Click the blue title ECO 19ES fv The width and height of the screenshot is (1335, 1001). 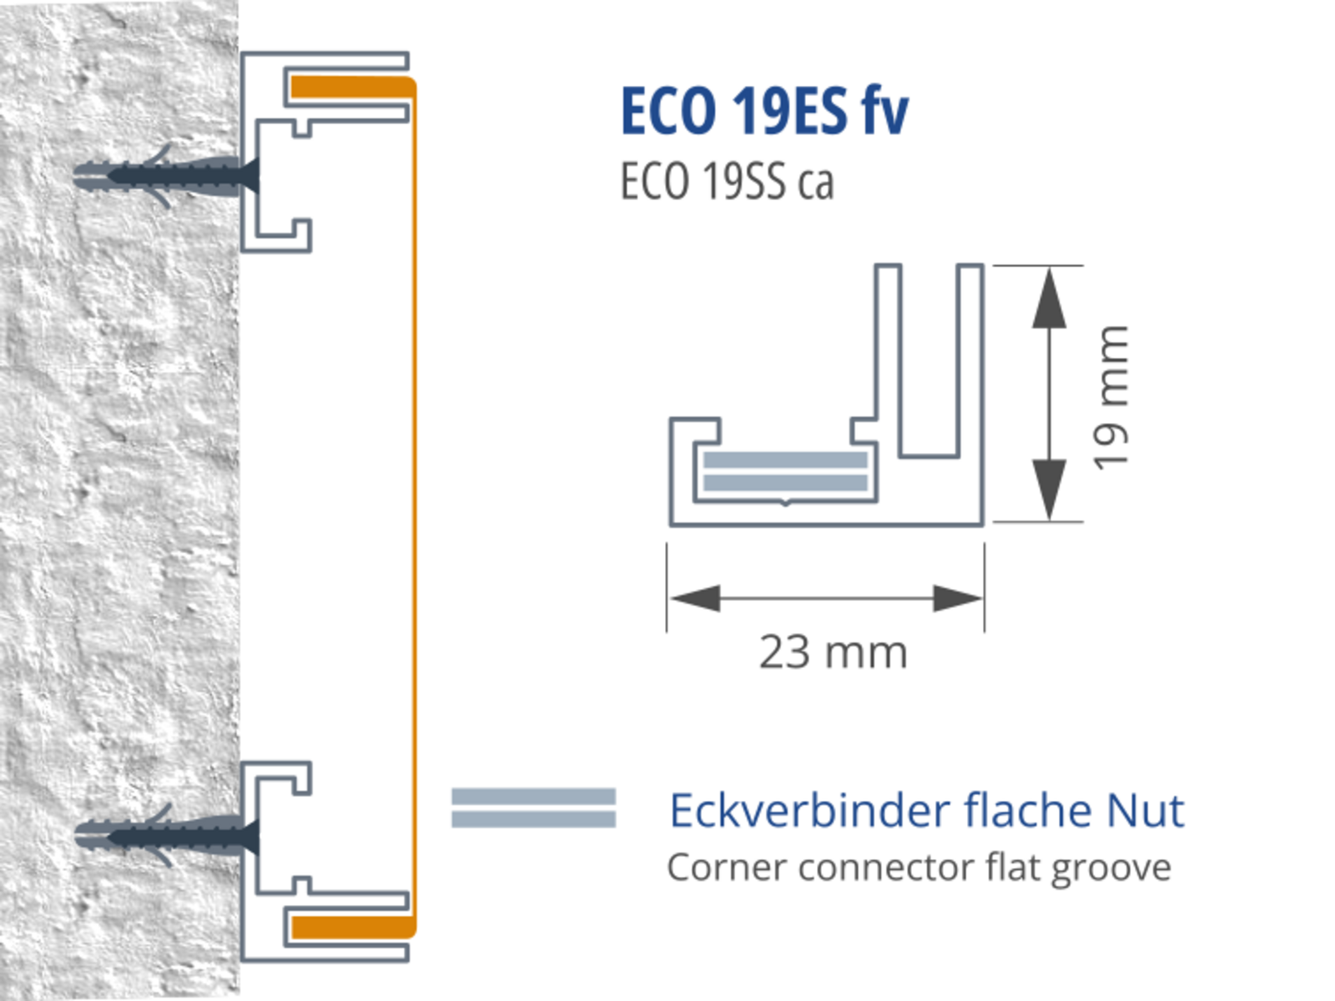764,111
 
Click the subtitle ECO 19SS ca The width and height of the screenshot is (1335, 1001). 727,181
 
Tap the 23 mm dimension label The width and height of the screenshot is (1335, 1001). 833,652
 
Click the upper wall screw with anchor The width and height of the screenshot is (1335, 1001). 167,176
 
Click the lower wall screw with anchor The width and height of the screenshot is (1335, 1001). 167,835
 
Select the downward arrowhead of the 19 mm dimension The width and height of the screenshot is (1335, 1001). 1049,489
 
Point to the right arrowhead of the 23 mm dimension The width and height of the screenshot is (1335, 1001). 957,597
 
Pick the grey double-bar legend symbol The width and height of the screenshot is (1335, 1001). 534,807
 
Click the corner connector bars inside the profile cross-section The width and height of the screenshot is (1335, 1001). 785,471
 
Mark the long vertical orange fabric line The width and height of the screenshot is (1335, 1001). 414,500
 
